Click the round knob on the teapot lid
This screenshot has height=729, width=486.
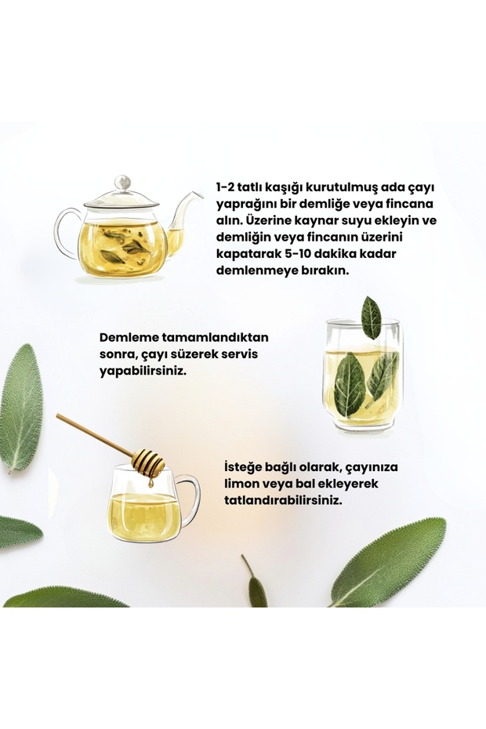coord(122,182)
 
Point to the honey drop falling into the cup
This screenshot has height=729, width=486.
coord(151,483)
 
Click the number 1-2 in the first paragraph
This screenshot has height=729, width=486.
coord(225,187)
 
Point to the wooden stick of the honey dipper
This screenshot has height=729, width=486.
coord(94,433)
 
